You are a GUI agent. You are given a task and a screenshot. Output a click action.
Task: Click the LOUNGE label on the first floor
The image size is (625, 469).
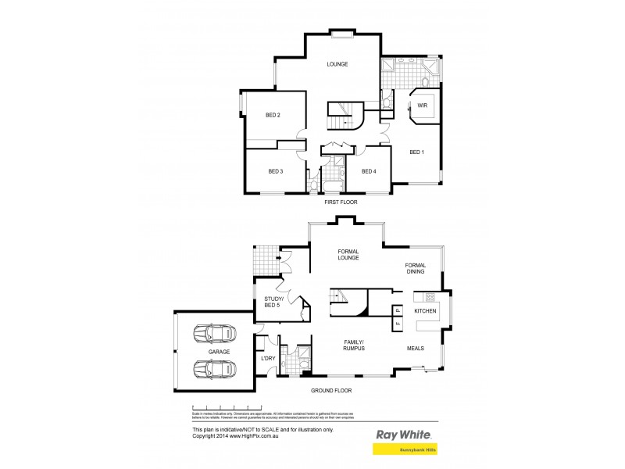click(x=337, y=64)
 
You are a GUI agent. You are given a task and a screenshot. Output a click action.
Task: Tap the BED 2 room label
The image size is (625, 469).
click(x=273, y=116)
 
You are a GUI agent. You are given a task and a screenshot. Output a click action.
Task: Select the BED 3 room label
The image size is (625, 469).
click(x=275, y=171)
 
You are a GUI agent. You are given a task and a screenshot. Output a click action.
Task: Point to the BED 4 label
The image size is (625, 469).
click(x=369, y=171)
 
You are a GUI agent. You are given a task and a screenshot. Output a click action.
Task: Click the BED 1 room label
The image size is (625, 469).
click(x=416, y=152)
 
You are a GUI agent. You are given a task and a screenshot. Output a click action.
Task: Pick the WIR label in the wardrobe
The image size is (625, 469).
click(x=421, y=105)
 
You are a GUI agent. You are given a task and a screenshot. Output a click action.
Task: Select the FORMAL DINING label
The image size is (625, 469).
click(x=416, y=270)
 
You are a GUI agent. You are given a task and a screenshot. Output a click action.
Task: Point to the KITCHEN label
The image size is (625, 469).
click(x=426, y=312)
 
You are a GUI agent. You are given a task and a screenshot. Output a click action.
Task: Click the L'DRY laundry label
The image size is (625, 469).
click(x=268, y=359)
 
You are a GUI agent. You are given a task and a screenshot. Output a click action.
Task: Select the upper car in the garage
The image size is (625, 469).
click(x=216, y=334)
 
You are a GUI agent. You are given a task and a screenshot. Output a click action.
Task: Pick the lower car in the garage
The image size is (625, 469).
click(x=216, y=370)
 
